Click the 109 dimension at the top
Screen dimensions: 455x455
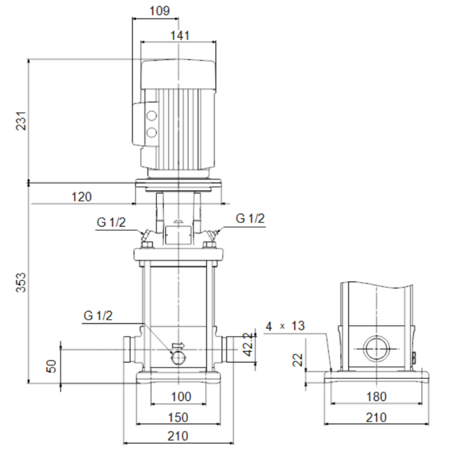coord(159,11)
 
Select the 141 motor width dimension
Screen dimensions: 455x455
coord(180,36)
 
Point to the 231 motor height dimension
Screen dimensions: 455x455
coord(21,121)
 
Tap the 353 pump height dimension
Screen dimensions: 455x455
coord(21,282)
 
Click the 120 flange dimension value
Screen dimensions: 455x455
coord(81,197)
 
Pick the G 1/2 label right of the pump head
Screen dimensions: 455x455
coord(250,218)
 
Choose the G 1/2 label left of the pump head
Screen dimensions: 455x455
coord(111,222)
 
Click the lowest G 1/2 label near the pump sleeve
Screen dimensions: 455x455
coord(97,315)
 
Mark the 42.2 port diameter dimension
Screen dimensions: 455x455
coord(248,344)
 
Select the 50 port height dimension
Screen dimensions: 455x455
coord(51,366)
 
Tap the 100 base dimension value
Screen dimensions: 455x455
coord(181,396)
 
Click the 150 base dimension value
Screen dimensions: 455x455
coord(178,417)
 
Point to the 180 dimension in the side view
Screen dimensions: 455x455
coord(376,396)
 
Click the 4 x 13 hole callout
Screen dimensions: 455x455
coord(285,326)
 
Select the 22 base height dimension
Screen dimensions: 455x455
coord(298,360)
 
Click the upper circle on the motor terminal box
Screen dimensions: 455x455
coord(151,116)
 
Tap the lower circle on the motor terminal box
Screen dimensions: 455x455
coord(151,133)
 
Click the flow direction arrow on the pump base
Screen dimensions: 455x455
coord(178,345)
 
